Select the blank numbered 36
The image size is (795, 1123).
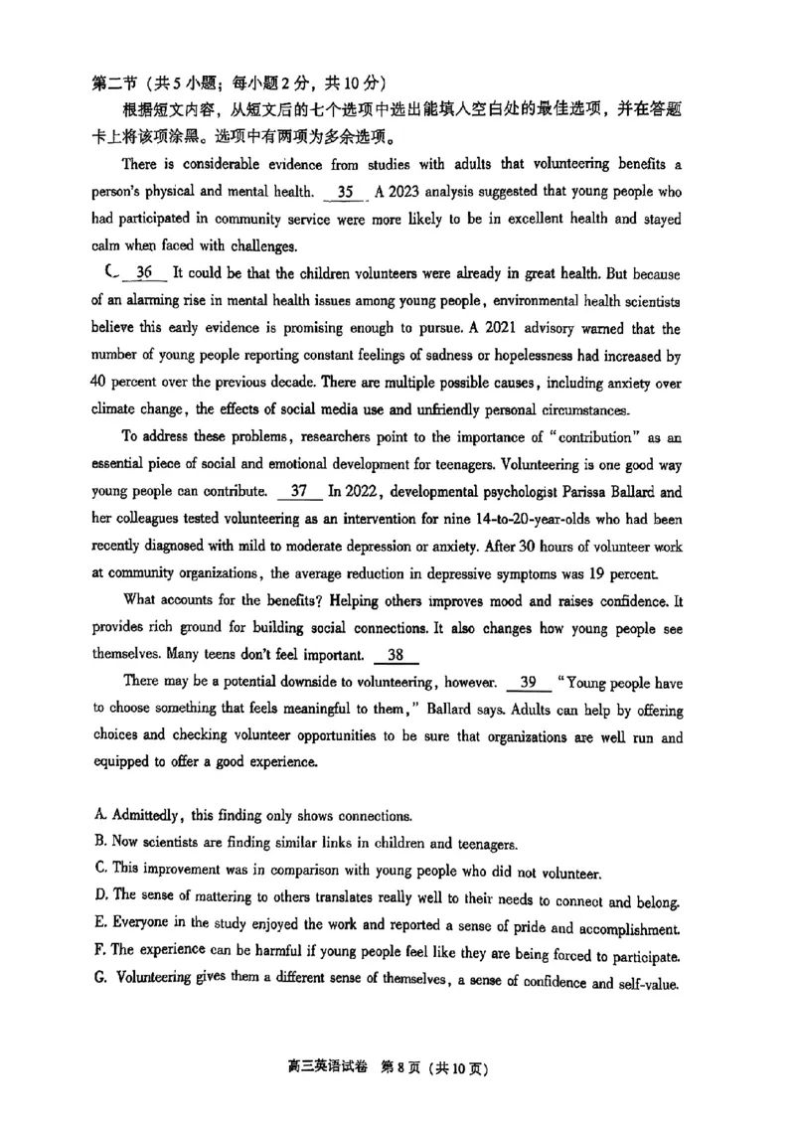tap(144, 273)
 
